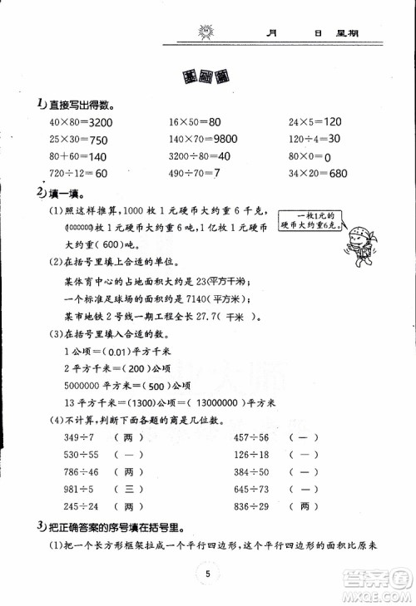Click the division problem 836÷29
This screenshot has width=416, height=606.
[250, 505]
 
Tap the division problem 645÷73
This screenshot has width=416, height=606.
[250, 489]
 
